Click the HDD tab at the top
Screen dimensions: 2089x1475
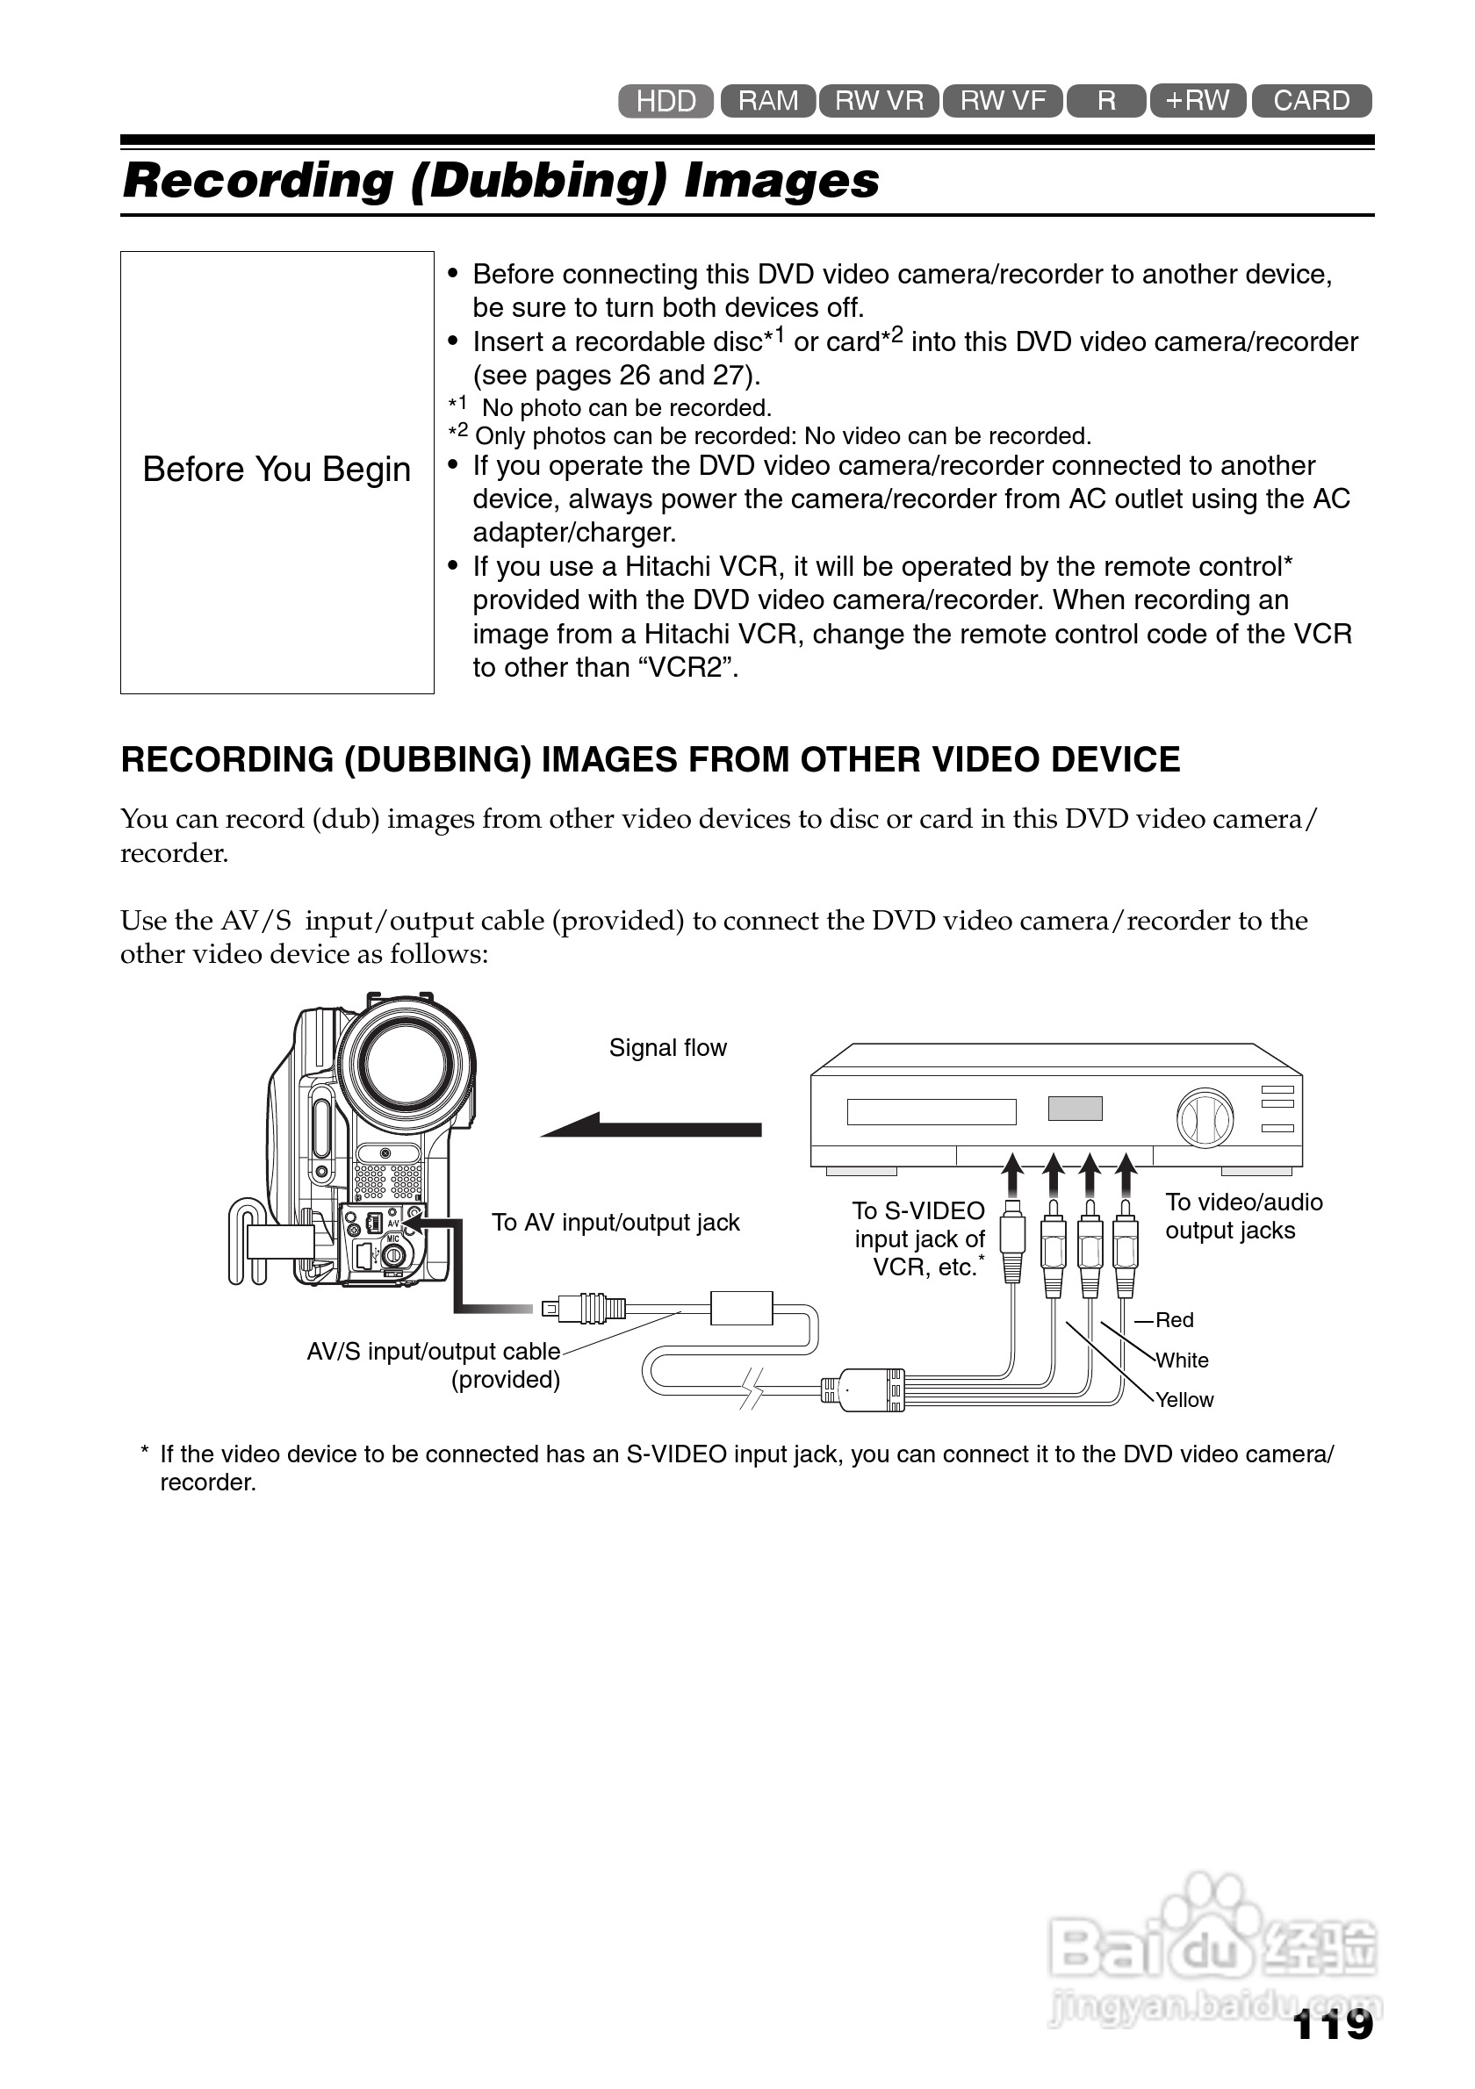[x=666, y=101]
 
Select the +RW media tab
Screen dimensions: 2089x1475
[x=1198, y=100]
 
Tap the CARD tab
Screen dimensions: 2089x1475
[x=1310, y=100]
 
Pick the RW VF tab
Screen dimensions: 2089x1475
[x=1002, y=100]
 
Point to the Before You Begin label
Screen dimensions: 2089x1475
[x=277, y=470]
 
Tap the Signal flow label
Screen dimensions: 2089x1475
[x=667, y=1048]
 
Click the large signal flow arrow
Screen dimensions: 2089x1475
[x=651, y=1126]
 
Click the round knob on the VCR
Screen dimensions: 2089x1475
[x=1205, y=1117]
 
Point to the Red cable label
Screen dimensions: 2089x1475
[x=1174, y=1320]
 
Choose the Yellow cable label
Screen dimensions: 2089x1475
[x=1184, y=1400]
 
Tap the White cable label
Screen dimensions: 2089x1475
[x=1182, y=1360]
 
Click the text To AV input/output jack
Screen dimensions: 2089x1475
[x=615, y=1223]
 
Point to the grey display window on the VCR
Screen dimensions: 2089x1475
[x=1075, y=1109]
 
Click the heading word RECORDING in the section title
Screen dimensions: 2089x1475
[x=227, y=760]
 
